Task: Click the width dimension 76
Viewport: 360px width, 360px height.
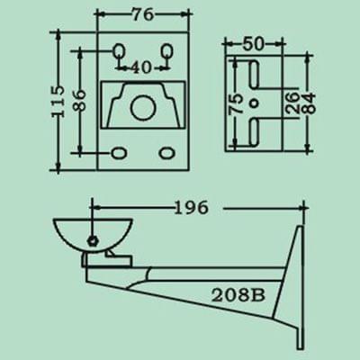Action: [142, 15]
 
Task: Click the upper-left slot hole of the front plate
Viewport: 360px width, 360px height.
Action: [120, 51]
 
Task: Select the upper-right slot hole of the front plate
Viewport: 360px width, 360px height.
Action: [166, 51]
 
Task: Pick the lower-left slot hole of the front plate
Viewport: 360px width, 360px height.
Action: [119, 152]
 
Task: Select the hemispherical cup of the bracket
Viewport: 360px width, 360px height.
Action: [91, 234]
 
